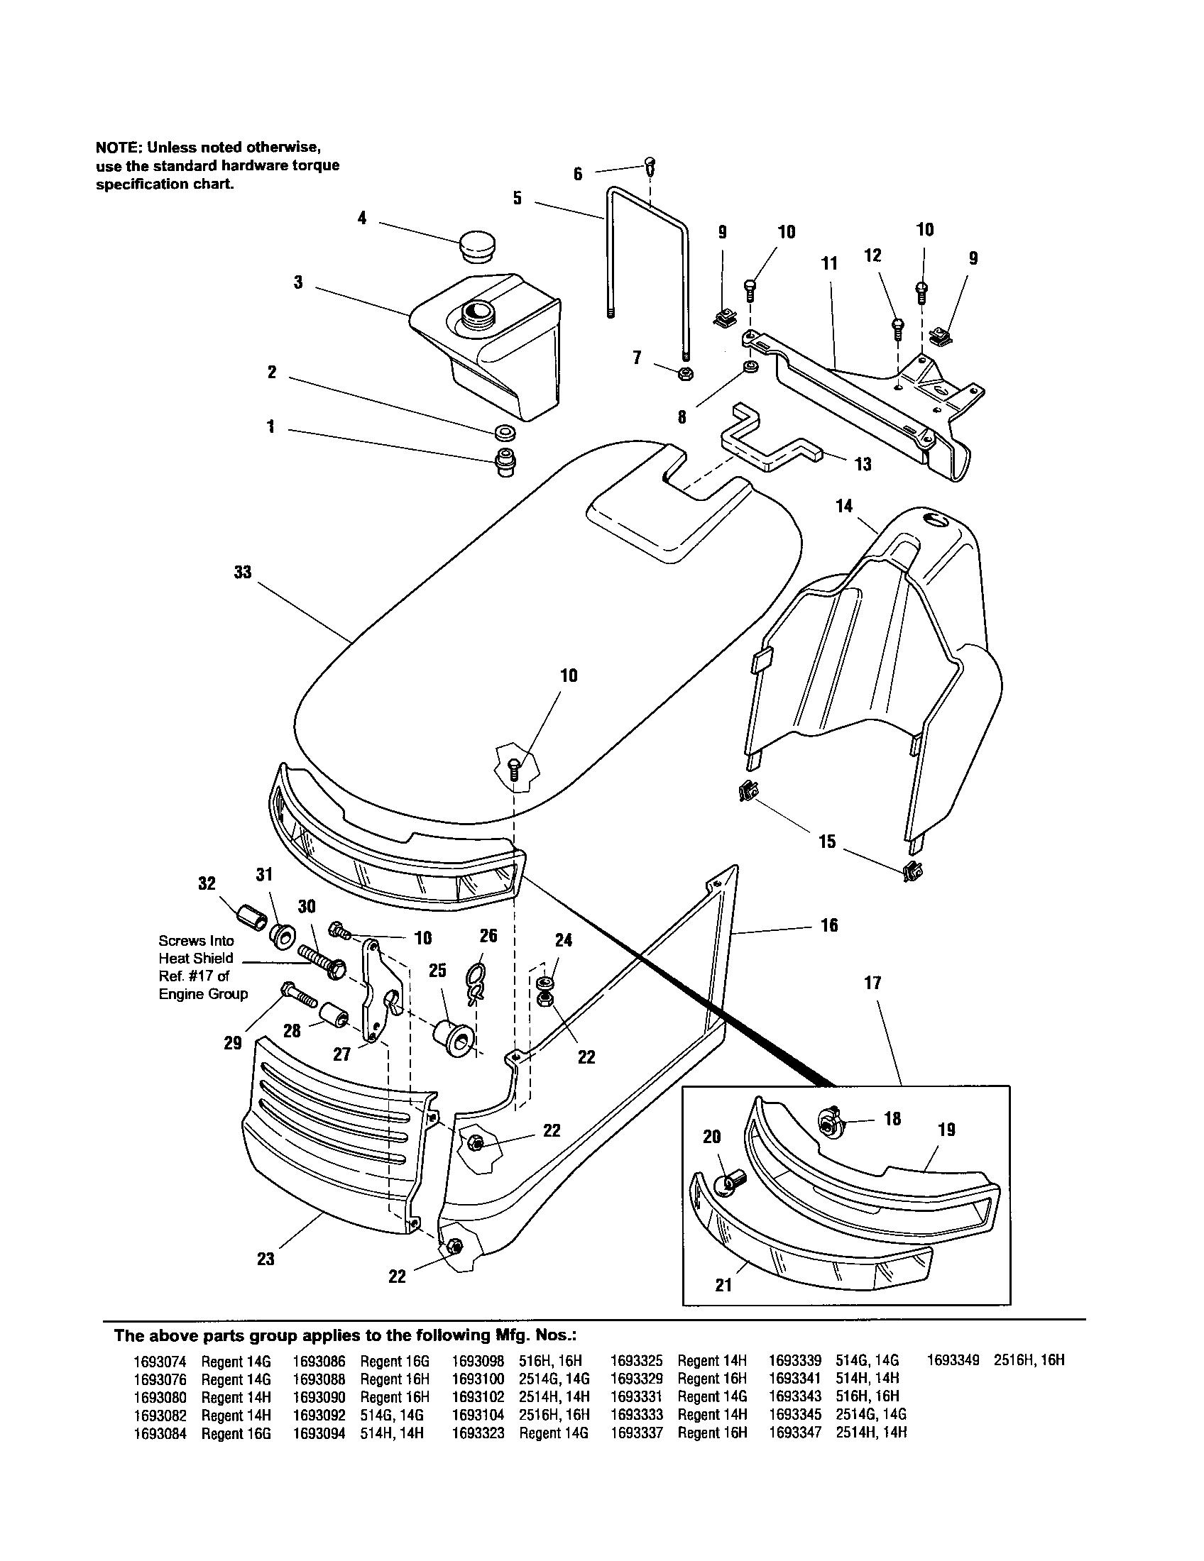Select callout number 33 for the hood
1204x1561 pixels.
(x=243, y=573)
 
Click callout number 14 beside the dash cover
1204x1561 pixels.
(x=843, y=506)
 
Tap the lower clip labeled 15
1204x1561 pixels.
(x=913, y=871)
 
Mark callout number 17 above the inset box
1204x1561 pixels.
(x=873, y=983)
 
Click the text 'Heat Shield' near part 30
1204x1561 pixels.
(x=195, y=959)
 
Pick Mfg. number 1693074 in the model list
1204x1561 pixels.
(x=160, y=1362)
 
